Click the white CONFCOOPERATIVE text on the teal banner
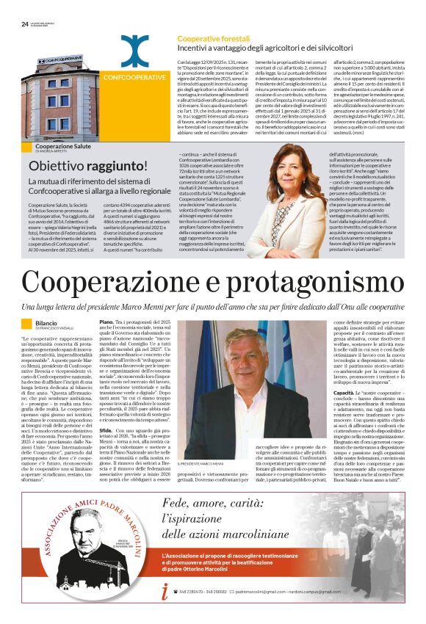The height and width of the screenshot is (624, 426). [x=134, y=76]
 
